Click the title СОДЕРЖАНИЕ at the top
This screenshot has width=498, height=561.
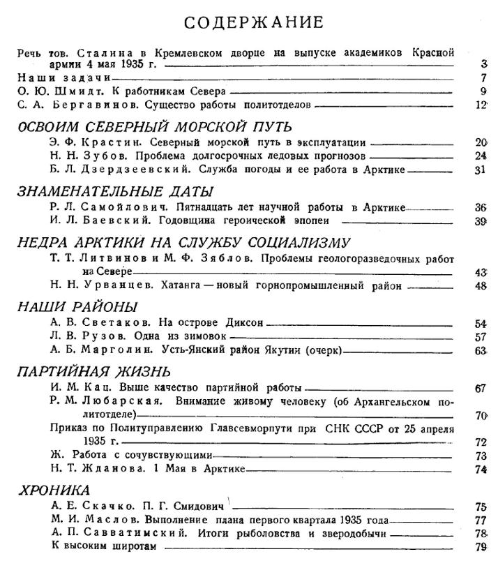click(x=254, y=22)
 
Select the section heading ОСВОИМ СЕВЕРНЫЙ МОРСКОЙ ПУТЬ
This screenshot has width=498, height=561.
click(x=154, y=126)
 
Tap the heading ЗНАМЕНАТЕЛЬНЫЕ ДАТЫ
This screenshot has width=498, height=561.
click(x=115, y=191)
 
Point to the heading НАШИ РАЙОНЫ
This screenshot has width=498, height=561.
click(x=77, y=307)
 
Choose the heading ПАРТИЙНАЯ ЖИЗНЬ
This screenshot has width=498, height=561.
click(x=94, y=371)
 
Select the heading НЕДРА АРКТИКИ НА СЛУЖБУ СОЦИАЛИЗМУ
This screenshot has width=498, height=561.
click(x=183, y=242)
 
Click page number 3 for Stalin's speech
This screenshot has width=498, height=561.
click(x=483, y=64)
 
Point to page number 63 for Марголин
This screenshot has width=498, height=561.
click(x=480, y=350)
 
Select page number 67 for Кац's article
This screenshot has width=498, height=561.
click(x=480, y=388)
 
